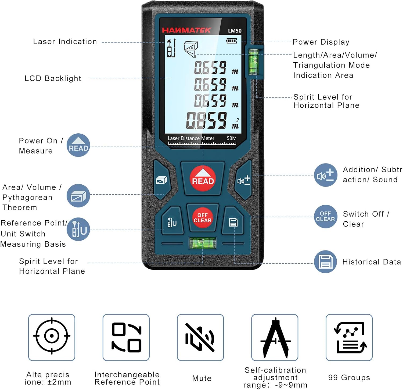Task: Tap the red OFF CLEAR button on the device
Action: [x=202, y=218]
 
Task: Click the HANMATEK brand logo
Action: [x=186, y=30]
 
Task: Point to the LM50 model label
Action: [x=235, y=31]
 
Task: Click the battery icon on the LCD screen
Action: [x=231, y=41]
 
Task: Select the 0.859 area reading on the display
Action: [x=207, y=120]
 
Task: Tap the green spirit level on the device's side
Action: [x=254, y=62]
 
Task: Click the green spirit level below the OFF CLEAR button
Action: [x=203, y=243]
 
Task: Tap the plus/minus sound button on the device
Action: [x=243, y=181]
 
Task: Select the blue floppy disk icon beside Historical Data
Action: [x=325, y=262]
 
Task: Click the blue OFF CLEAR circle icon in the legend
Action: [x=325, y=217]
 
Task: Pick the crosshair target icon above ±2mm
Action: [x=52, y=336]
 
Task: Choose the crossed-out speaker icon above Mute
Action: [x=200, y=337]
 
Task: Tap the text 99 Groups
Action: [x=349, y=377]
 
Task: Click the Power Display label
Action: [x=321, y=42]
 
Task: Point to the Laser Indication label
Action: [x=65, y=42]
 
